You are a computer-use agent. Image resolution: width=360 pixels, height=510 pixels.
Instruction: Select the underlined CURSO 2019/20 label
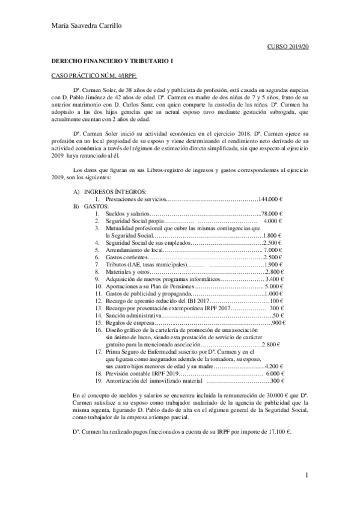pos(288,46)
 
